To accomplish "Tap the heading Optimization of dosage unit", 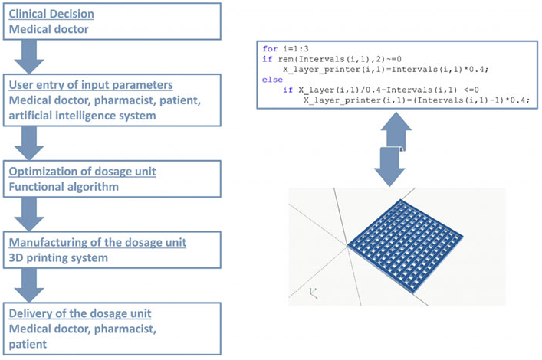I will (82, 171).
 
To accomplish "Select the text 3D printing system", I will (58, 258).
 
